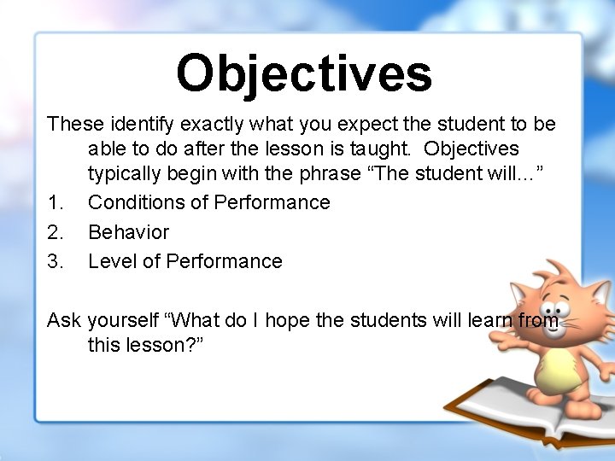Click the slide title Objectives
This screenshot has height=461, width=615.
[x=304, y=73]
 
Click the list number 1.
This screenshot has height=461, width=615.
[x=56, y=202]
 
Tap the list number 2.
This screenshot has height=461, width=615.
[x=56, y=232]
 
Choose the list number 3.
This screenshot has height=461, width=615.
[x=56, y=261]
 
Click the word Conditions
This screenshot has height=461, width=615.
[x=132, y=202]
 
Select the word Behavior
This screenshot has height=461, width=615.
[x=129, y=232]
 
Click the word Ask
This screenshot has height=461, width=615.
[x=64, y=320]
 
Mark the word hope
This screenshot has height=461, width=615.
[x=296, y=320]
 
